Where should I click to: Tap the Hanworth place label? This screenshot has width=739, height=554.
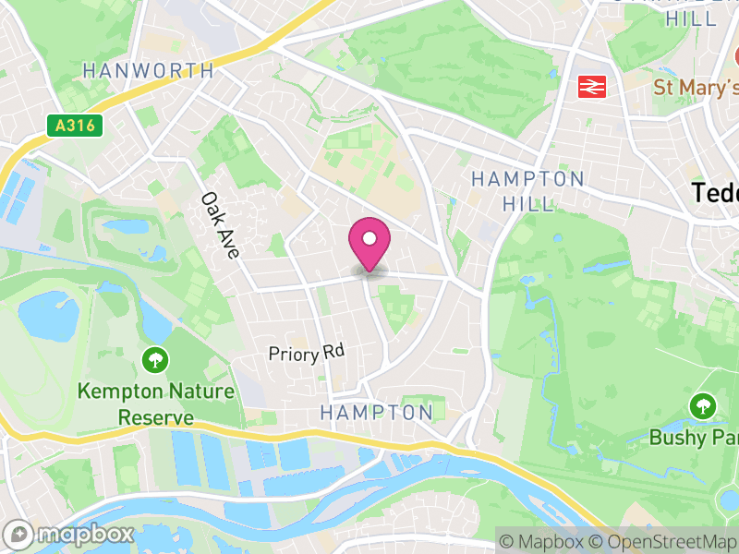pos(148,70)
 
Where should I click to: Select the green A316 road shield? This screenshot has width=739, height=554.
pos(74,125)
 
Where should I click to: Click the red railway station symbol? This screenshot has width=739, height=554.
pos(590,87)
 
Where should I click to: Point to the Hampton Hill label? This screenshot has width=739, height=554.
pos(528,190)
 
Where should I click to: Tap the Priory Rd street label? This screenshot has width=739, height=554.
pos(306,353)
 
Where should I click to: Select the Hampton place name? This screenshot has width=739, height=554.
pos(376,412)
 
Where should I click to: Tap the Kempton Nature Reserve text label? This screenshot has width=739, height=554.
pos(155,403)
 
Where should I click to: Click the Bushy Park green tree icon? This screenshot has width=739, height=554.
pos(703,404)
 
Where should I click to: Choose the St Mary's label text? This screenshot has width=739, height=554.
pos(696,88)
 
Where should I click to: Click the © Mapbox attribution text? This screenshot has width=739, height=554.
pos(544,541)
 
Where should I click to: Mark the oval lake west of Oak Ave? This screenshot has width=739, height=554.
pos(127,225)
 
